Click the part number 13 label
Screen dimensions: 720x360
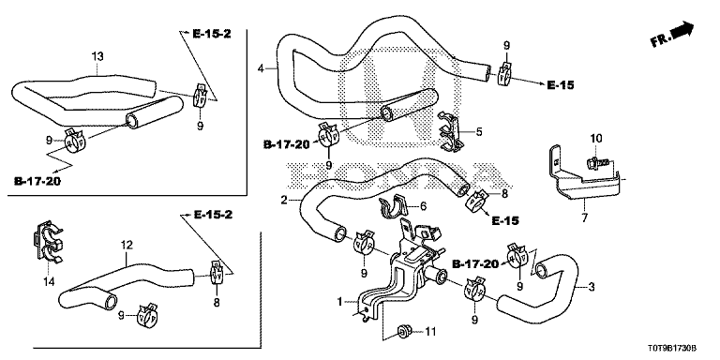[97, 56]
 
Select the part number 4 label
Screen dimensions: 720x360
[261, 68]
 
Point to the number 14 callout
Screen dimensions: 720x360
[49, 281]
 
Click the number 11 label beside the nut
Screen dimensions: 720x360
[430, 331]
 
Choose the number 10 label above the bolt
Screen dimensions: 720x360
[596, 138]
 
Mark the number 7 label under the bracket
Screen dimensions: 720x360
[585, 217]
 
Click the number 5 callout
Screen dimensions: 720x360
[479, 132]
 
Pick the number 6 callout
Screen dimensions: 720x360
[424, 206]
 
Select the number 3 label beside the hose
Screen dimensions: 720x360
[592, 288]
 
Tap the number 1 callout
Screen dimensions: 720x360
[339, 302]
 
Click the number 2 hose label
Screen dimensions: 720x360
[284, 201]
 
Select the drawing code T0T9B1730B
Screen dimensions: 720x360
[678, 350]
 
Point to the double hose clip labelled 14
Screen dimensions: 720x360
[48, 242]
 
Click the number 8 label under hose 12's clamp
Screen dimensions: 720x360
[217, 303]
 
